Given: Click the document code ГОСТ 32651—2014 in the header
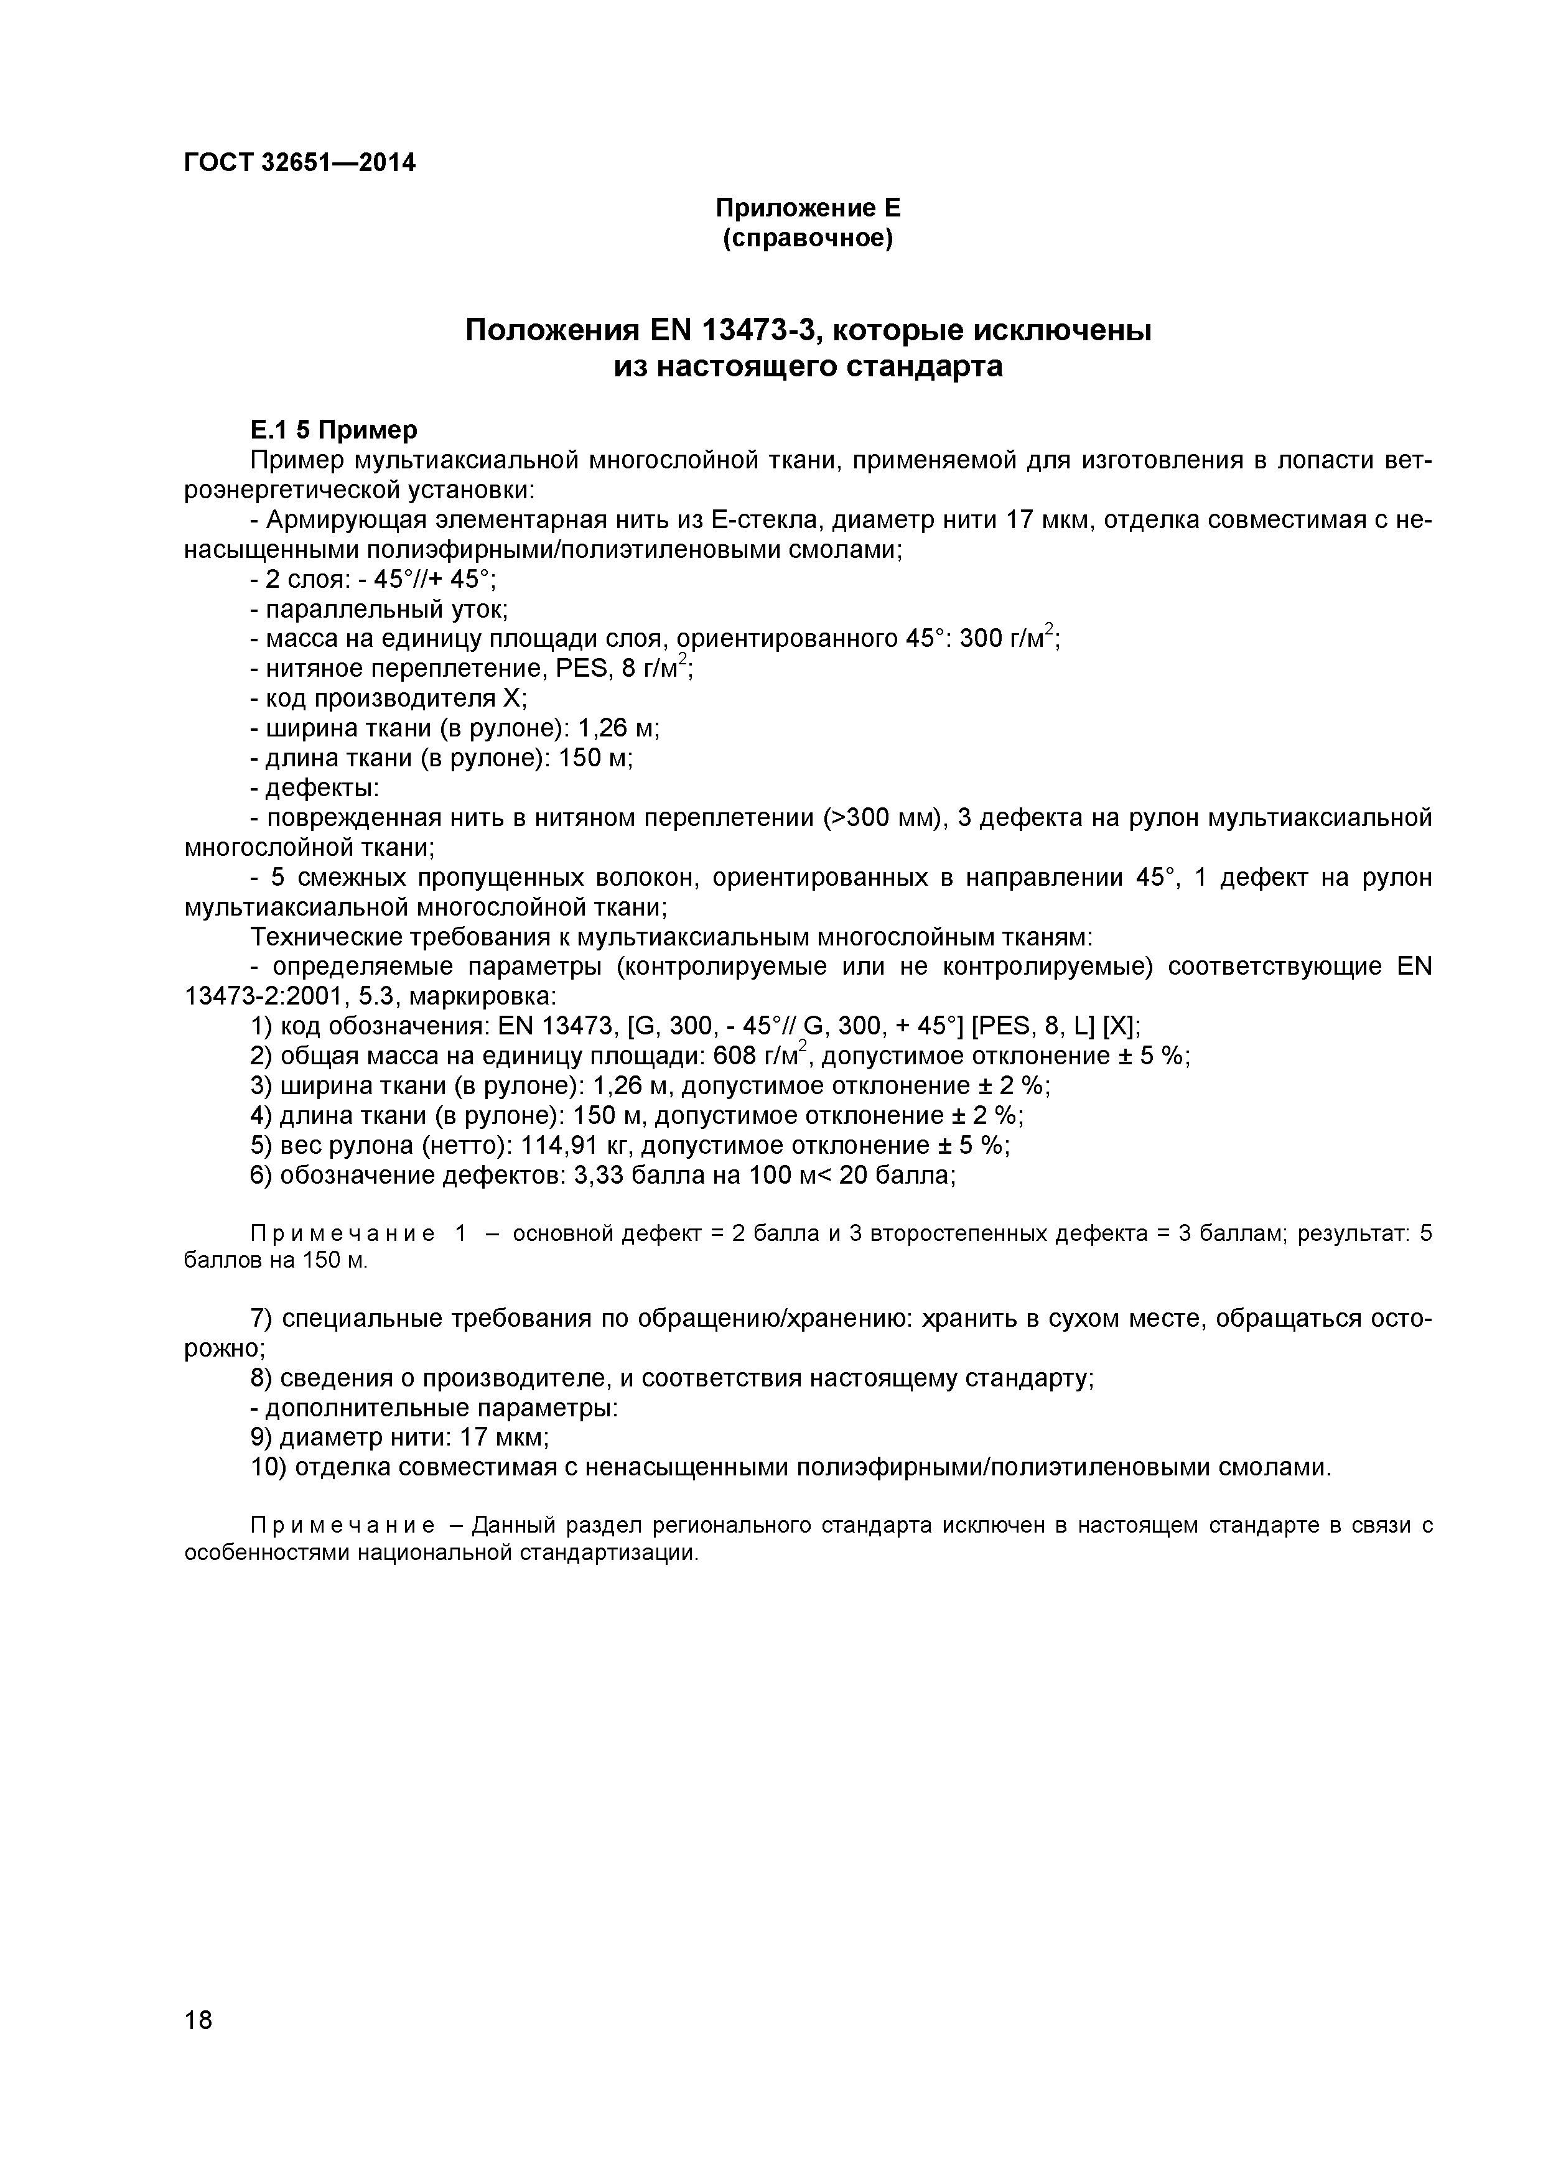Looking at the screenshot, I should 299,164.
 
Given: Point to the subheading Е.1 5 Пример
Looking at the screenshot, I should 333,430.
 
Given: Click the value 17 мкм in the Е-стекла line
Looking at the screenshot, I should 1045,520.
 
